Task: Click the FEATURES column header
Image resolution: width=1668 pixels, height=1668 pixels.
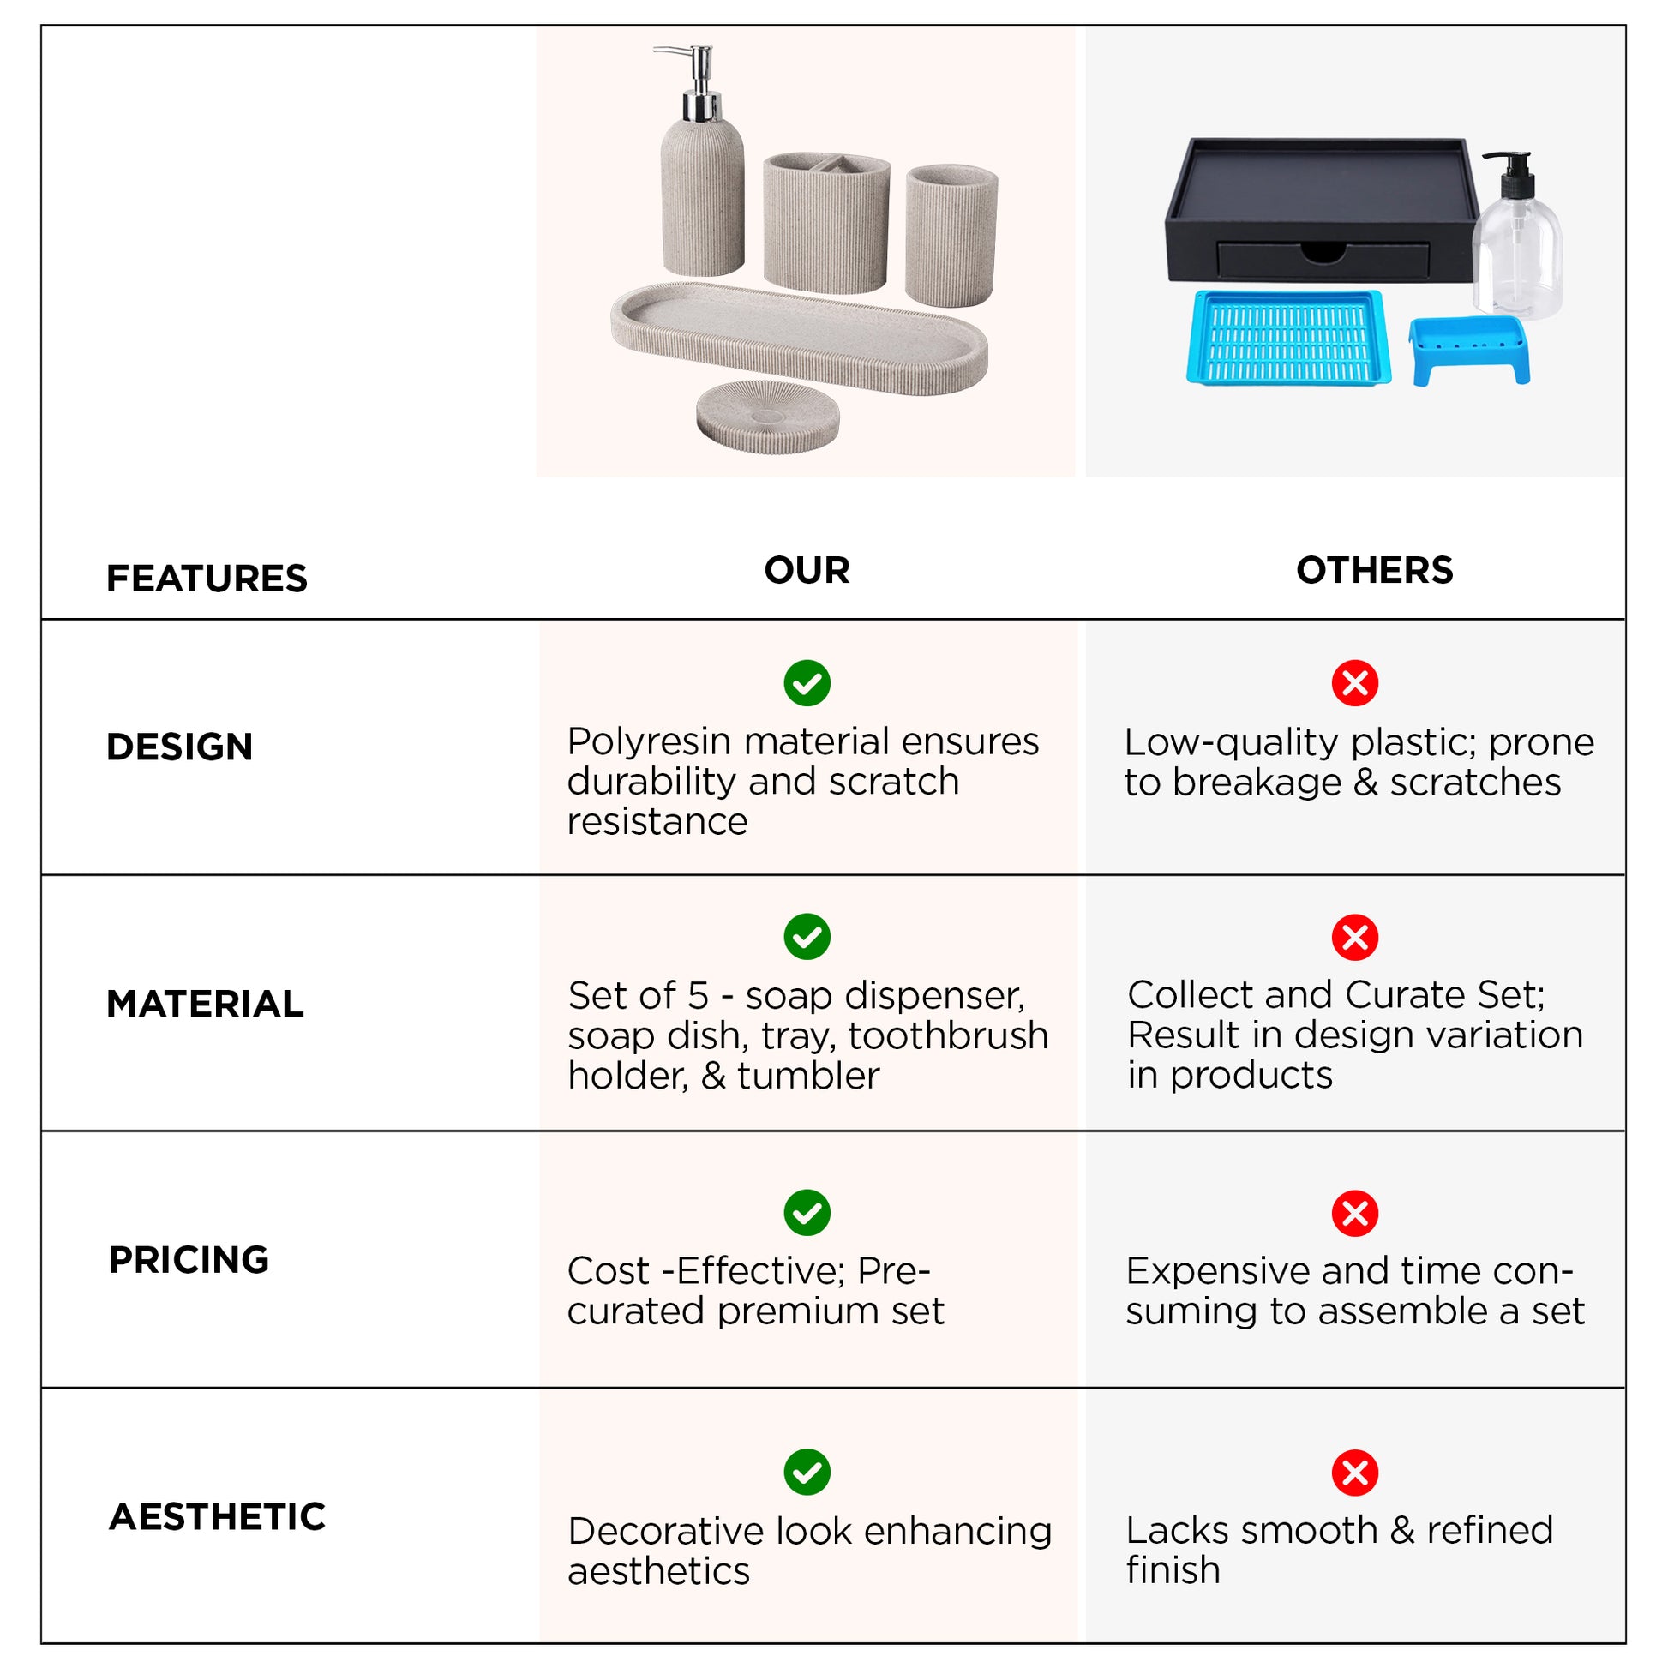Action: coord(207,579)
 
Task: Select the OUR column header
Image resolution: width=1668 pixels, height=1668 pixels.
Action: coord(807,571)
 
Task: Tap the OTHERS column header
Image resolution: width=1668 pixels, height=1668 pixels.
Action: coord(1375,571)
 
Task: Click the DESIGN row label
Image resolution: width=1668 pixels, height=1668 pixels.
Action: coord(180,747)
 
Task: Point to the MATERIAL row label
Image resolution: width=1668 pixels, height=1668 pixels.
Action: coord(205,1004)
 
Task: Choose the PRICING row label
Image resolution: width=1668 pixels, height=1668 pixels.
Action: coord(189,1261)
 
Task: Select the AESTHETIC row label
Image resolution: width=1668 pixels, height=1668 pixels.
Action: coord(218,1517)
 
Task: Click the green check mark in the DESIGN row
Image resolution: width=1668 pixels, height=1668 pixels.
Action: coord(807,684)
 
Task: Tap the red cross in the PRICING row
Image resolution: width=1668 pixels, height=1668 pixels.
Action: coord(1354,1214)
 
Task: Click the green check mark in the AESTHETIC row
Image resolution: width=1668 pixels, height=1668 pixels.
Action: coord(807,1472)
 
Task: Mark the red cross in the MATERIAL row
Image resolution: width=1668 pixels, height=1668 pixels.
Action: coord(1354,938)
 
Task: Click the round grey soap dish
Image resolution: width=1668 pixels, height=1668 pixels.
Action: coord(767,416)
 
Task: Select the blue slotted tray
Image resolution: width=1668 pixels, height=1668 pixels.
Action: coord(1288,338)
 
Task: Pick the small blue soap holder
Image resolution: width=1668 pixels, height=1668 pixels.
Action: coord(1468,351)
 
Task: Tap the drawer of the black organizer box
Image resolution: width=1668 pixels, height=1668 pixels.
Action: coord(1323,259)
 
